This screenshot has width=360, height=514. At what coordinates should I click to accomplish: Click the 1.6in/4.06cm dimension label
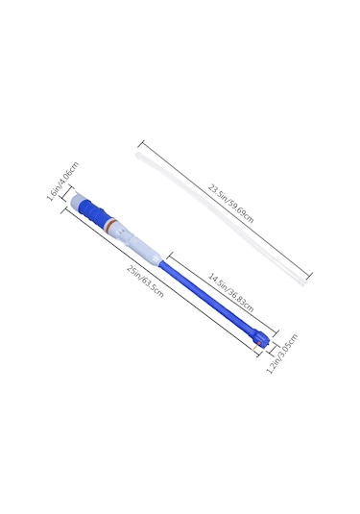[x=63, y=182]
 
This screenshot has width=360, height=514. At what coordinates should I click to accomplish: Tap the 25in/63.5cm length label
[x=145, y=281]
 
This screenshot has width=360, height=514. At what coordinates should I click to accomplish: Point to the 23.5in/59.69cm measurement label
[x=231, y=204]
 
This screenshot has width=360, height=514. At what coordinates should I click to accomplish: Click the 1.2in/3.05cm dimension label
[x=282, y=354]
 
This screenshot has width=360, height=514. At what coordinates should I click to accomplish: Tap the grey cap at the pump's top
[x=78, y=200]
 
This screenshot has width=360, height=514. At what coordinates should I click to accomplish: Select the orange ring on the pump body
[x=110, y=225]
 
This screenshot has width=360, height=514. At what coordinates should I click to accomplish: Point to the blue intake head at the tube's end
[x=261, y=338]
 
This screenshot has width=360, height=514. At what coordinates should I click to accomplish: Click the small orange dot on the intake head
[x=259, y=343]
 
